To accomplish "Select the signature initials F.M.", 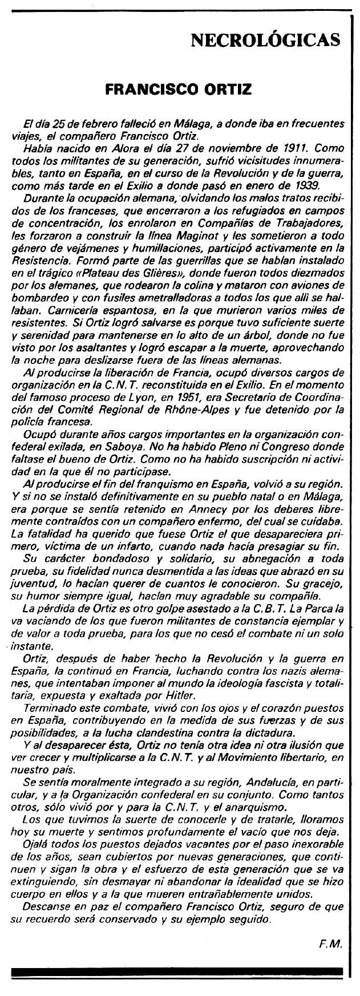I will (330, 944).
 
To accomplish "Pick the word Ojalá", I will (37, 843).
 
